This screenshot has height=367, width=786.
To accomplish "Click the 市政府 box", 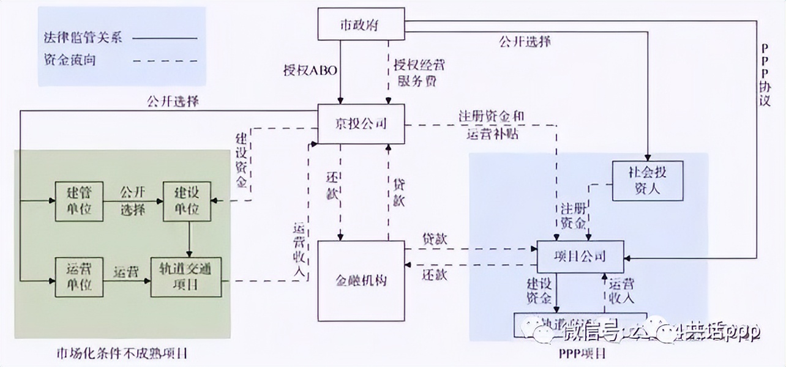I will [x=361, y=26].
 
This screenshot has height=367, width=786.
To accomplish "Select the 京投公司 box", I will [x=361, y=124].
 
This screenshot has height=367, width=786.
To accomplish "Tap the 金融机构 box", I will [x=361, y=280].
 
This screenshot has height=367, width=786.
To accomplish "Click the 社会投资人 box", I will [x=648, y=181].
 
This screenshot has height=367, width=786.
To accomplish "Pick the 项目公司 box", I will [x=580, y=256].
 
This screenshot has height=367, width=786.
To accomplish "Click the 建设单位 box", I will [x=186, y=201].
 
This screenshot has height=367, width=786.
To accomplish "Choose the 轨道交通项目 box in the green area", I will [x=186, y=276].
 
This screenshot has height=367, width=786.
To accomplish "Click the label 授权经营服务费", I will [x=416, y=73].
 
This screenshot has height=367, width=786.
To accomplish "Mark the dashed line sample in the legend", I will [x=165, y=61].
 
